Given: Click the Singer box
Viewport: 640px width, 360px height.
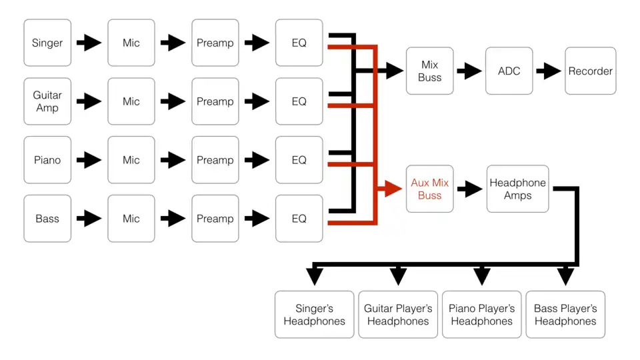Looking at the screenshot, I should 47,43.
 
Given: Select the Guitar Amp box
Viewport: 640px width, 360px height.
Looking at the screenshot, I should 47,101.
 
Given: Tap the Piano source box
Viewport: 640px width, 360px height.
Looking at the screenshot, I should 47,160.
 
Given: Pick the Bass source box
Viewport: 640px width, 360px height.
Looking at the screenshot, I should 47,219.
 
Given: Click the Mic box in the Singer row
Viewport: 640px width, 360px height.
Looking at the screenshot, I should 131,43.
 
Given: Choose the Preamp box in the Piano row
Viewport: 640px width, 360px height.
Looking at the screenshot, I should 215,160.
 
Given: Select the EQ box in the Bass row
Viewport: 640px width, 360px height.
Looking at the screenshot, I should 299,219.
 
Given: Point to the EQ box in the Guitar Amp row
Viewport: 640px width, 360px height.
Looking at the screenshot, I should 299,101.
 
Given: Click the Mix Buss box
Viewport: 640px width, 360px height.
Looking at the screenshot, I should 430,71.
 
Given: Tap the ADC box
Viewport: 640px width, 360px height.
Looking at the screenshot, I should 509,71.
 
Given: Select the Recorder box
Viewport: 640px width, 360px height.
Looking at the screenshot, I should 590,71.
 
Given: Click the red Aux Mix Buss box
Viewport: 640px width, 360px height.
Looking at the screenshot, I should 430,189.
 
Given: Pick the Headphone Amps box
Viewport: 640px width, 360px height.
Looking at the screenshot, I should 517,189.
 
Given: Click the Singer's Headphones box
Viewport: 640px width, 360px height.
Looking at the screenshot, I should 314,315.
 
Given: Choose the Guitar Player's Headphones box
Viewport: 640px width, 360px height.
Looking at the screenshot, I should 398,315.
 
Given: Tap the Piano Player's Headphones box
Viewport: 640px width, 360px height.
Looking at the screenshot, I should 481,315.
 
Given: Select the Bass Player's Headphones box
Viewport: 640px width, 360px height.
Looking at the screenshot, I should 565,315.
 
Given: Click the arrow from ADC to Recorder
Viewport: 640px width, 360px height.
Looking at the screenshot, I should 549,71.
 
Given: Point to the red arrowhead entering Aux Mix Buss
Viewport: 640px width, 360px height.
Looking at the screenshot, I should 392,189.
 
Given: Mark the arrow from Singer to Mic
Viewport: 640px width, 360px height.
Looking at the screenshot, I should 89,43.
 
